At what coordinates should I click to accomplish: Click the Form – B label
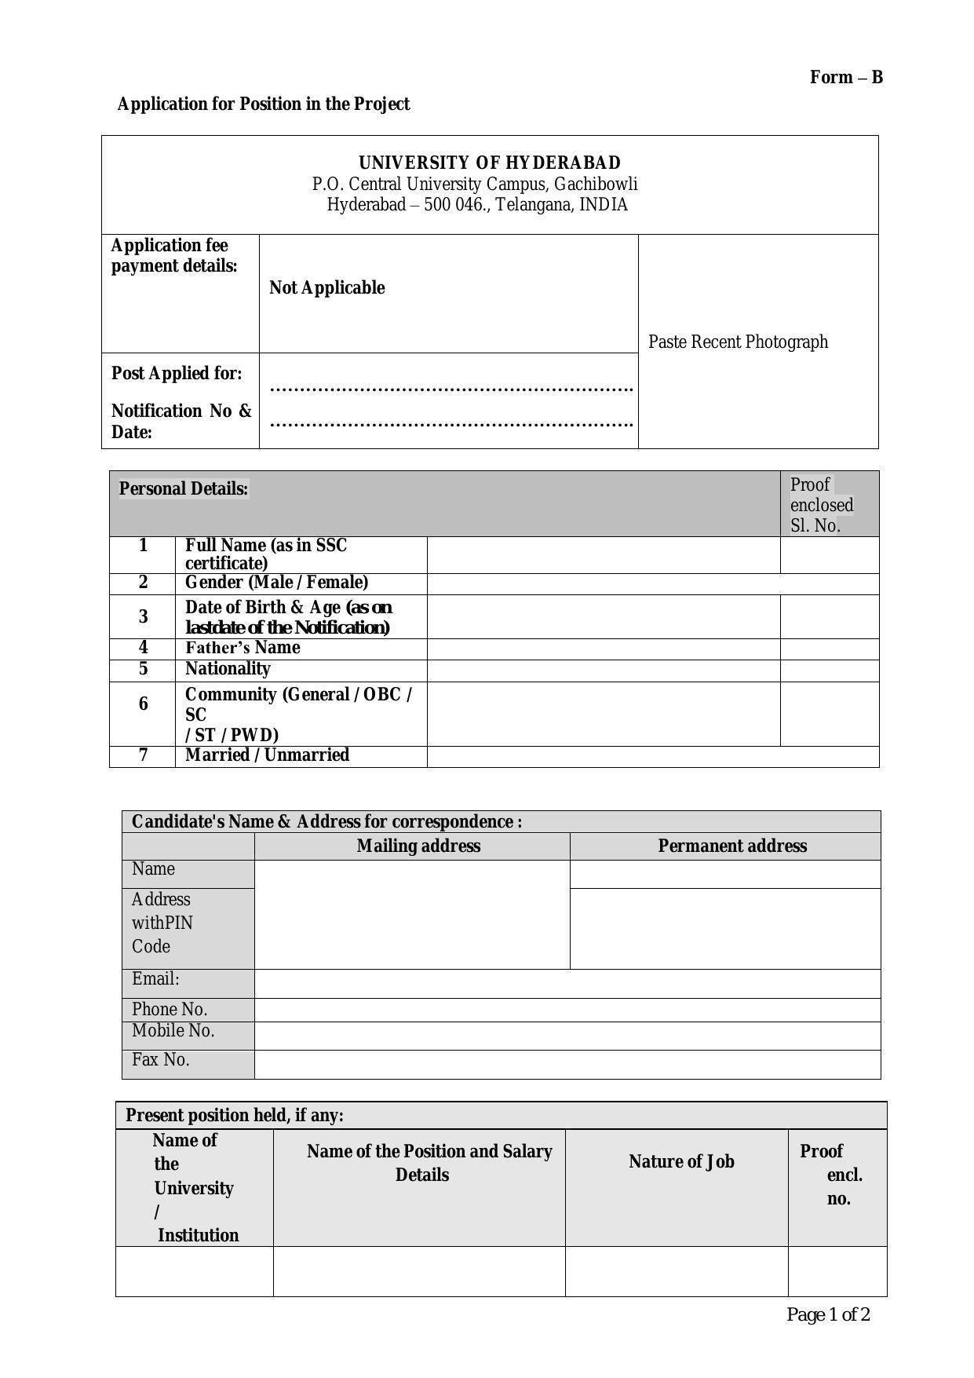[846, 77]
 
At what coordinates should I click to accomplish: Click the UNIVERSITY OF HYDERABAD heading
[490, 163]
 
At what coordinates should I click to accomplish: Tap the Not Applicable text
[326, 287]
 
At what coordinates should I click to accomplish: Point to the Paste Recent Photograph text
[738, 342]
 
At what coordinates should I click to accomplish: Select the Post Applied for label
[177, 373]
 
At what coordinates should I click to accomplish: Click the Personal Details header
[184, 488]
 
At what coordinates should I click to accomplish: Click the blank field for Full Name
[604, 554]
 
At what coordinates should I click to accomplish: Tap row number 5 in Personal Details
[143, 669]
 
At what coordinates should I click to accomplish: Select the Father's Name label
[243, 648]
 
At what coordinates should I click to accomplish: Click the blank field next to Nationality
[604, 670]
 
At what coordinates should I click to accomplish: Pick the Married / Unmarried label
[267, 755]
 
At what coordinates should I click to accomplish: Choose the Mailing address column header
[418, 846]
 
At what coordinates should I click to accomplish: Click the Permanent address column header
[732, 846]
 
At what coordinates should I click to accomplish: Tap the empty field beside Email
[567, 983]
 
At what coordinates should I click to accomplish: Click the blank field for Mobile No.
[567, 1035]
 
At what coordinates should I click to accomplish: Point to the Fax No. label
[161, 1060]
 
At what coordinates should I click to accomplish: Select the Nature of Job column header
[681, 1161]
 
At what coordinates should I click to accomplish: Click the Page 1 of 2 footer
[828, 1314]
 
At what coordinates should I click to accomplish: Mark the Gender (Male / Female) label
[276, 583]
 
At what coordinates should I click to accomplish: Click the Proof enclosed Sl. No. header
[822, 505]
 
